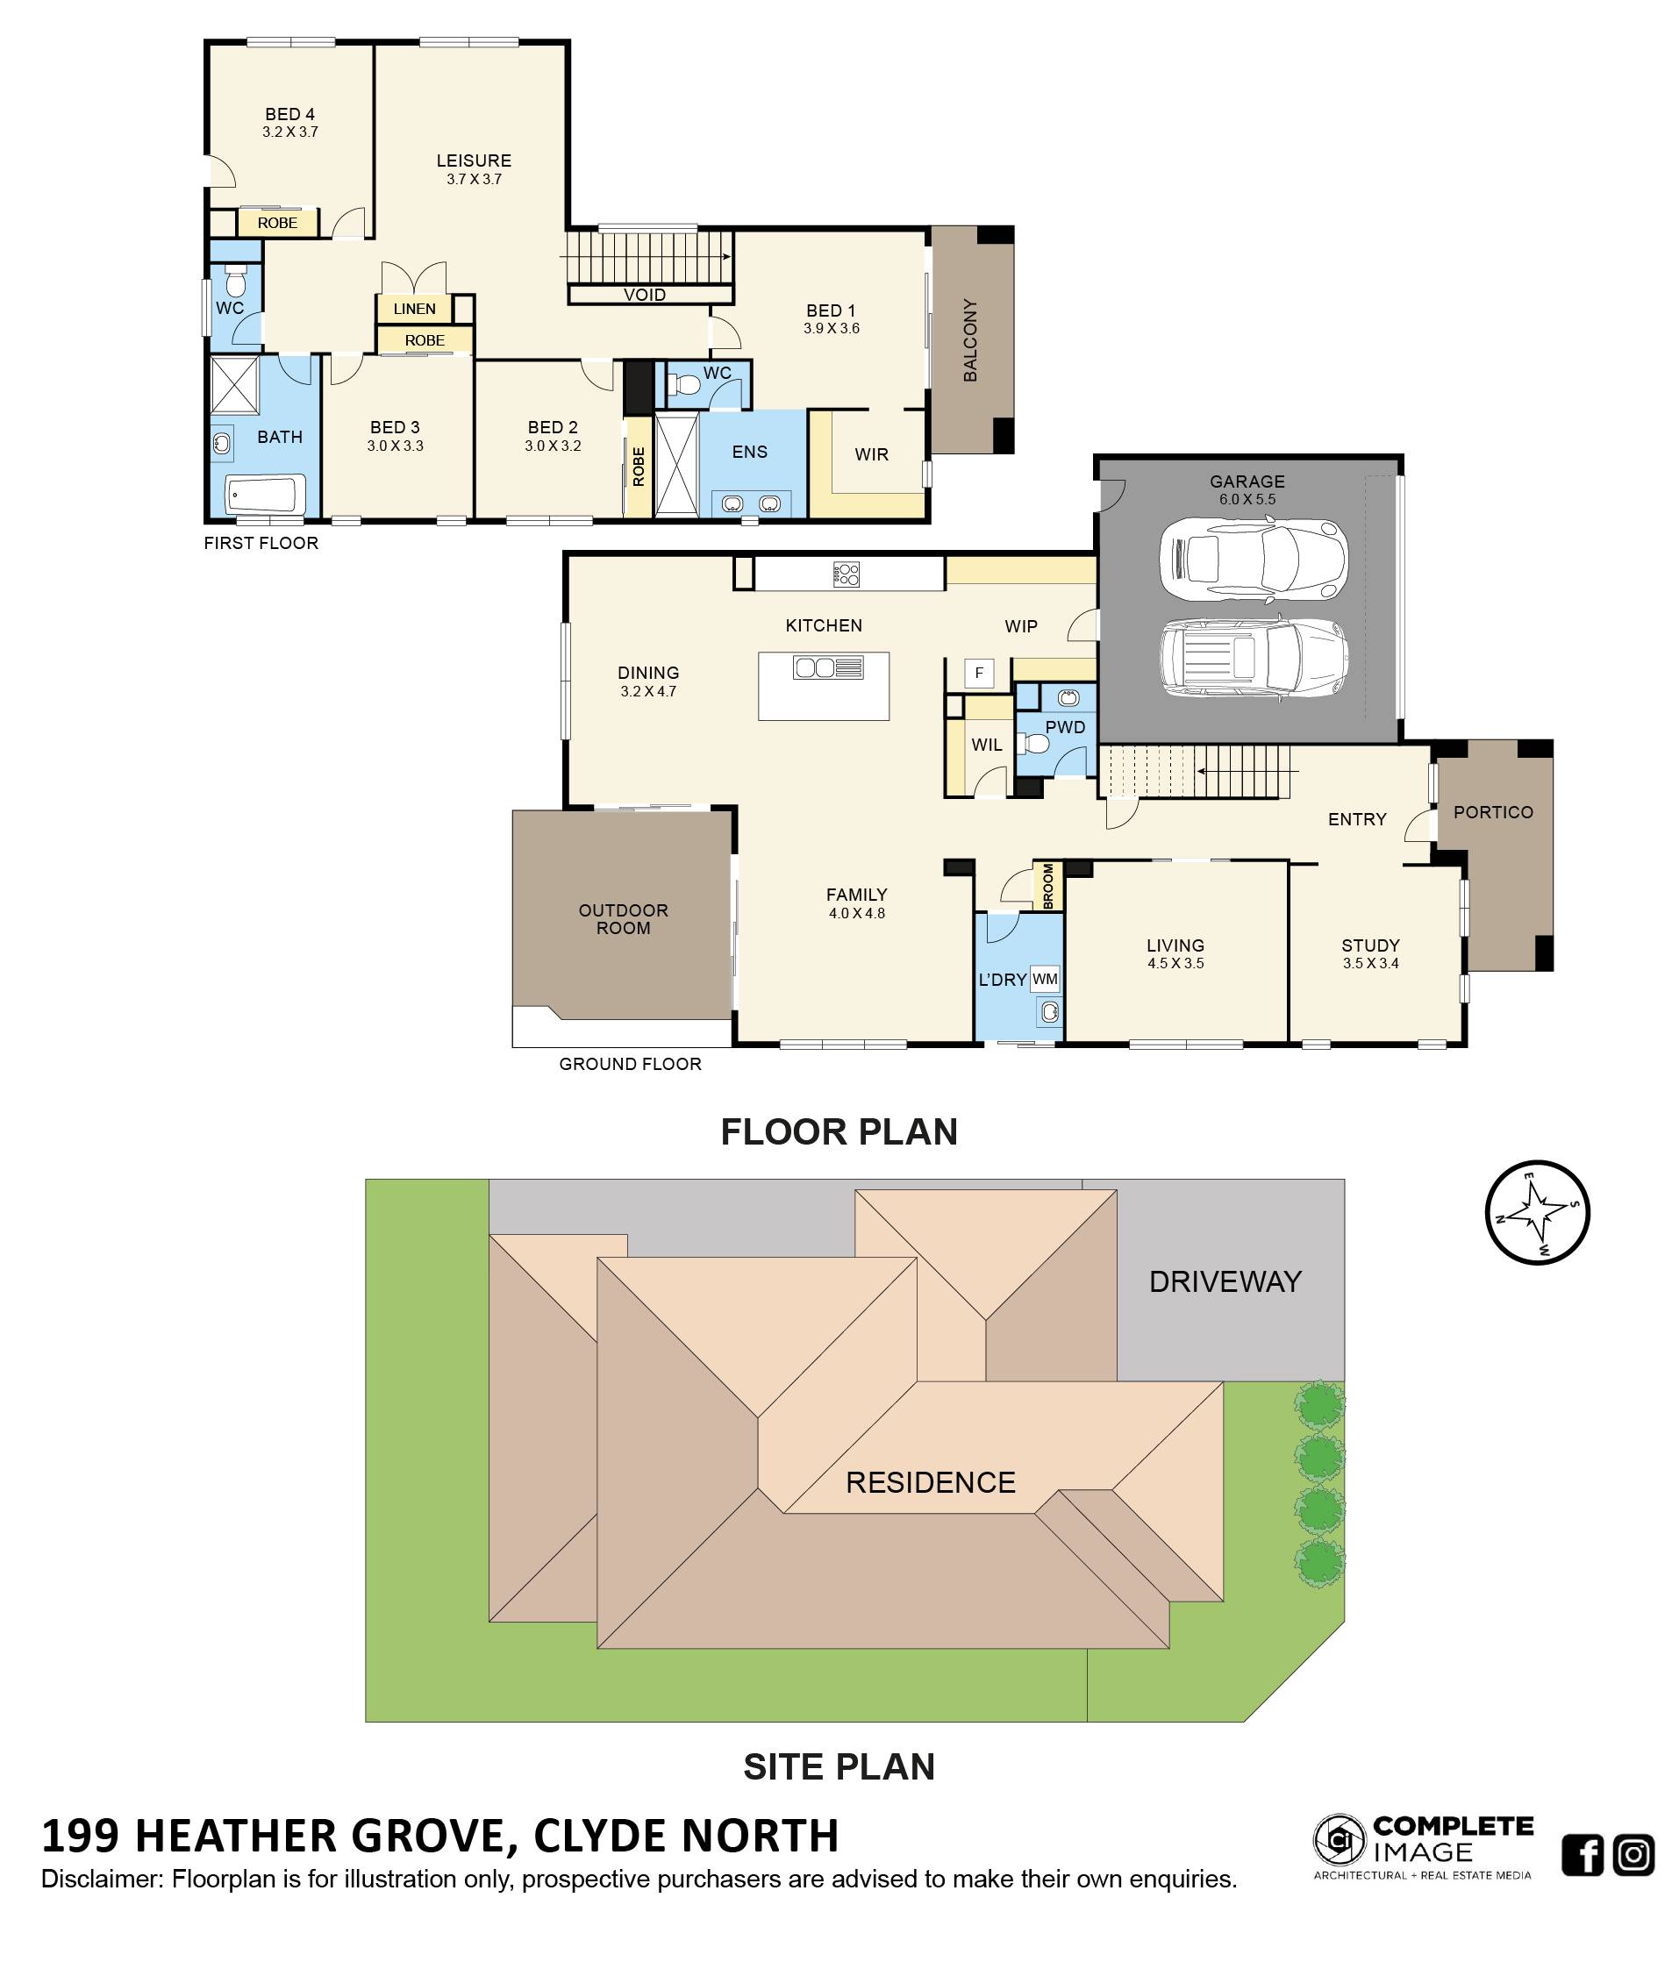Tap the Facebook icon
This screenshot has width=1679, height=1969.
1583,1854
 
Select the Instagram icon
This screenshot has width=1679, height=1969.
1633,1854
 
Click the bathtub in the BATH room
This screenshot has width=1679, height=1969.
265,494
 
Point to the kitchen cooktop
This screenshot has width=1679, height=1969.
846,573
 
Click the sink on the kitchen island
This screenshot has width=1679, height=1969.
827,667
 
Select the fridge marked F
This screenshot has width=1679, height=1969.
979,673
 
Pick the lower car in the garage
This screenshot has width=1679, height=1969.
1254,660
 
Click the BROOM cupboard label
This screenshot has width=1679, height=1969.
1048,885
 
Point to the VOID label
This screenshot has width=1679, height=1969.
644,295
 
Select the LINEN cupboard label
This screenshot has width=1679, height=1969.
414,309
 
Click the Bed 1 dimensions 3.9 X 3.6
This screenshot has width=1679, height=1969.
832,329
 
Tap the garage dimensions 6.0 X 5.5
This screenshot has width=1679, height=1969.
1247,499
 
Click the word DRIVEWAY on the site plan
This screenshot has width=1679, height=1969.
1225,1281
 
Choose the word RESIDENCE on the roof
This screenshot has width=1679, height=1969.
930,1481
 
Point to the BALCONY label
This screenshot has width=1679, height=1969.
970,340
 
